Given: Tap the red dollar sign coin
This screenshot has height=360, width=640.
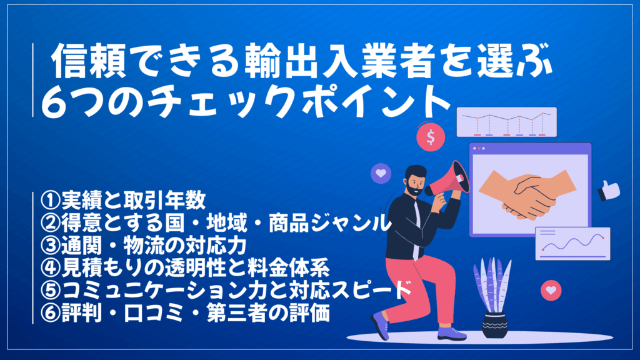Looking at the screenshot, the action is [431, 137].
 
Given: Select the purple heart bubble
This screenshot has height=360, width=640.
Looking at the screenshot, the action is [381, 173].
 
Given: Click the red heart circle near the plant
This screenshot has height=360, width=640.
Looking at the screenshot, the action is [551, 290].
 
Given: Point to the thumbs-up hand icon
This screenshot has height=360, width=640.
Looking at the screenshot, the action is [609, 191].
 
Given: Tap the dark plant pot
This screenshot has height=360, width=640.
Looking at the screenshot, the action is [495, 325].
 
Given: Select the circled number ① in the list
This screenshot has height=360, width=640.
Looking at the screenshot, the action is [51, 200].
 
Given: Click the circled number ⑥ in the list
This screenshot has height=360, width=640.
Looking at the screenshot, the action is [51, 314].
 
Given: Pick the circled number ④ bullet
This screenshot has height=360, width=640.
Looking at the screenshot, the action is [51, 267].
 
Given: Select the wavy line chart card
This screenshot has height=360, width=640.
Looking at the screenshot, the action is [572, 244].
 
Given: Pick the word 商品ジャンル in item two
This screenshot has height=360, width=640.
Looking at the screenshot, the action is [329, 223].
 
